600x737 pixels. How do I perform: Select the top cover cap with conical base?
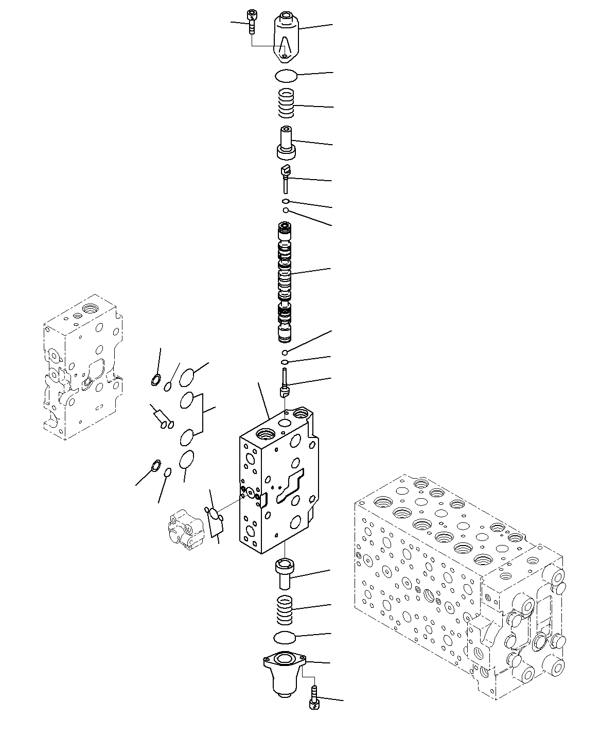[286, 37]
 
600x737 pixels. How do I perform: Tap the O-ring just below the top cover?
[286, 76]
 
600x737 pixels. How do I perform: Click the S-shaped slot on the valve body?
[291, 486]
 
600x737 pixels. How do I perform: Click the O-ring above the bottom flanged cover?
[285, 638]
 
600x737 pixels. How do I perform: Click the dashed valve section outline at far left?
[82, 365]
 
